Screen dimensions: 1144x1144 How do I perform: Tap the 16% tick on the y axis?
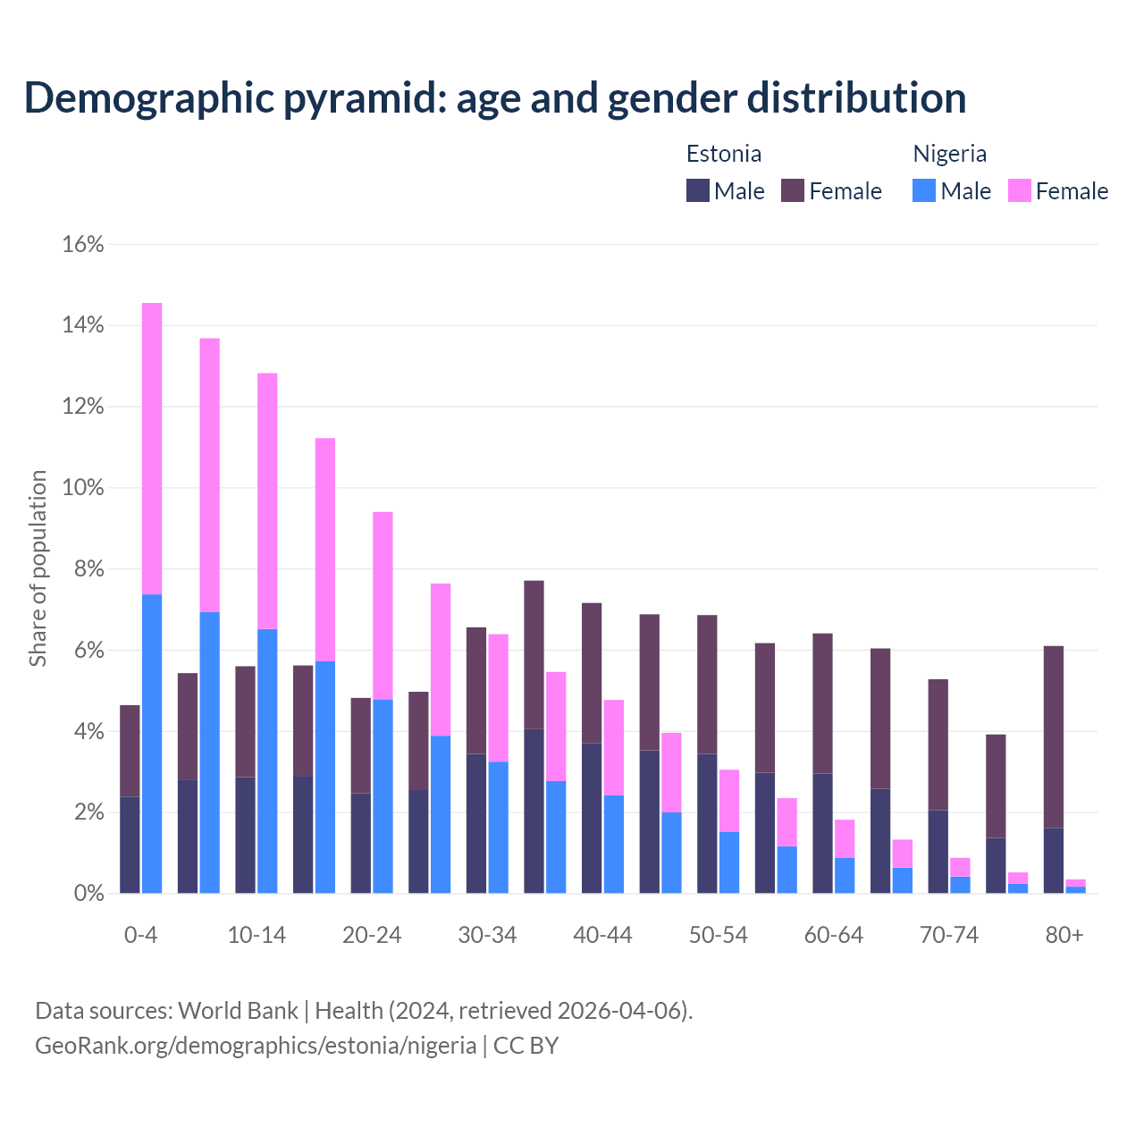pyautogui.click(x=82, y=244)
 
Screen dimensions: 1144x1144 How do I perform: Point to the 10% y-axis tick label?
pyautogui.click(x=82, y=488)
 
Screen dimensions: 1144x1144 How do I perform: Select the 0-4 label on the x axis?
pyautogui.click(x=140, y=935)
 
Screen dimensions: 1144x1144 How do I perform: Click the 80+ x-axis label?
pyautogui.click(x=1064, y=935)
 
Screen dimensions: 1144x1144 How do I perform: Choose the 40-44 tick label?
pyautogui.click(x=602, y=935)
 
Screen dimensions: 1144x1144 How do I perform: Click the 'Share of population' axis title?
pyautogui.click(x=38, y=568)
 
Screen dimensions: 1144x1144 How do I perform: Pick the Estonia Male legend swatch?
pyautogui.click(x=698, y=190)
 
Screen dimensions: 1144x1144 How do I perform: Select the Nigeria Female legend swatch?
pyautogui.click(x=1019, y=190)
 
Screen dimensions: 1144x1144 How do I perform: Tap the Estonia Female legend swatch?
pyautogui.click(x=793, y=190)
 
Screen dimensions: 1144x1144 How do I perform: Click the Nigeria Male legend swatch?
pyautogui.click(x=924, y=190)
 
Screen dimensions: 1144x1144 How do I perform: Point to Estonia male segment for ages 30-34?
pyautogui.click(x=476, y=823)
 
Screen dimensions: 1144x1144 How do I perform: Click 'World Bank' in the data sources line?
pyautogui.click(x=238, y=1011)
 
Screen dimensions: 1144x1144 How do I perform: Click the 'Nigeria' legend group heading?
pyautogui.click(x=949, y=154)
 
